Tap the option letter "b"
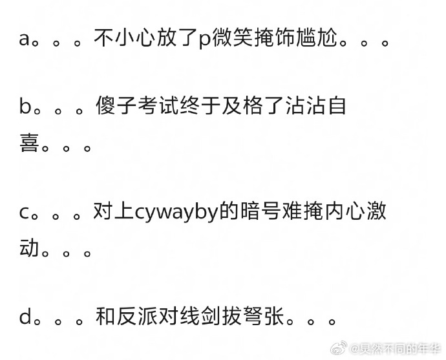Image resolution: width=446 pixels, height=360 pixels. click(x=25, y=105)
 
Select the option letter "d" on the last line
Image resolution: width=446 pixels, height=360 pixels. click(x=25, y=317)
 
